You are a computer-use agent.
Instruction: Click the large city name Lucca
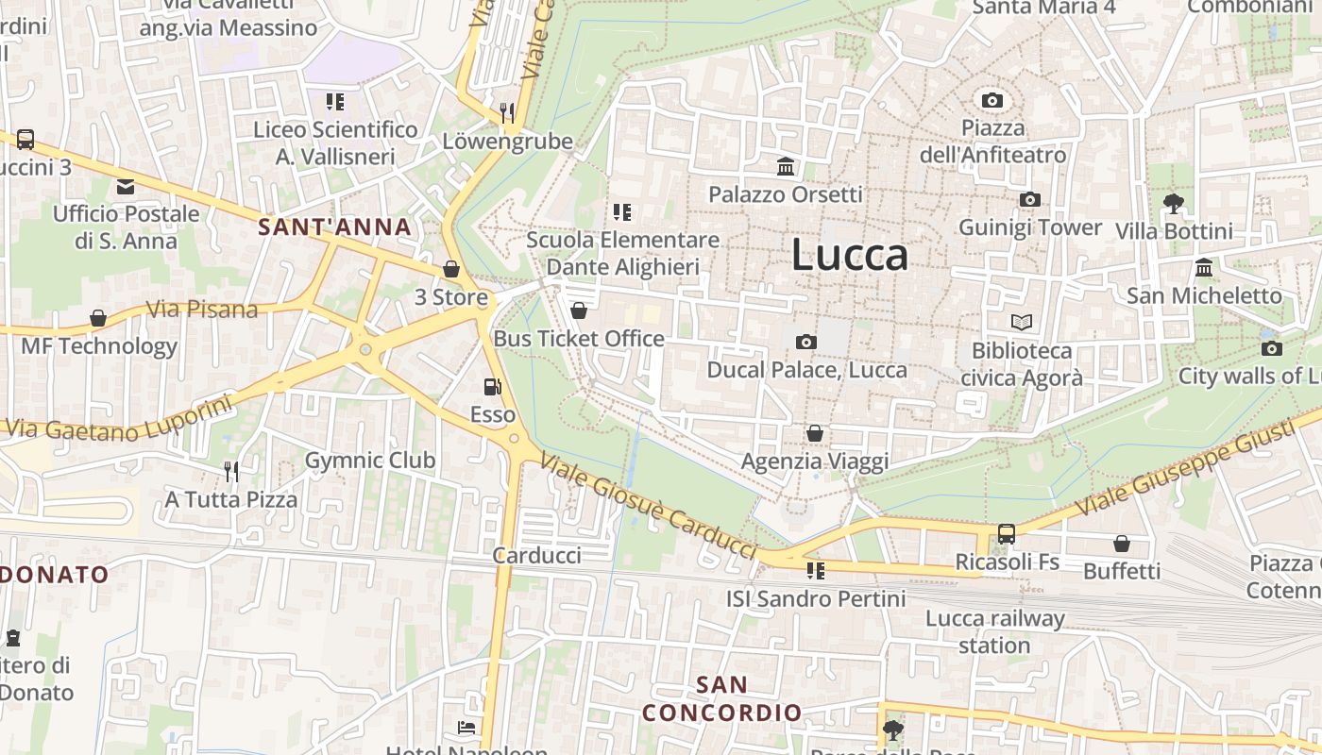click(x=849, y=255)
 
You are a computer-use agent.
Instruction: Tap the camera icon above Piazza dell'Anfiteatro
click(x=992, y=100)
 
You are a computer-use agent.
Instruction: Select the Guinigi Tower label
click(x=1030, y=227)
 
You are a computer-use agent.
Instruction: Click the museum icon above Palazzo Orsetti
click(x=786, y=167)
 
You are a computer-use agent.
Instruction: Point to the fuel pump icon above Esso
click(x=492, y=387)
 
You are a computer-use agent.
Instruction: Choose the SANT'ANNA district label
click(x=335, y=226)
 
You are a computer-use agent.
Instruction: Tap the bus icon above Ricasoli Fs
click(x=1007, y=534)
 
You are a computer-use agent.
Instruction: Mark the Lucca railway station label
click(x=994, y=632)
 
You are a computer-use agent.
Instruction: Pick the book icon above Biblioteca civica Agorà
click(x=1022, y=323)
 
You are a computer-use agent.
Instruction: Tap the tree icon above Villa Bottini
click(x=1174, y=203)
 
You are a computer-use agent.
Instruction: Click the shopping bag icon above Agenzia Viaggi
click(x=815, y=433)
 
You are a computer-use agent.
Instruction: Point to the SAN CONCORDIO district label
click(x=722, y=698)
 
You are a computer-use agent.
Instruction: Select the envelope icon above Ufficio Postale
click(x=126, y=187)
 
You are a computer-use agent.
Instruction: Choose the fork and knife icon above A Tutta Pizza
click(x=231, y=471)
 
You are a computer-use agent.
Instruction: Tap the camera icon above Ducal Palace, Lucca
click(x=806, y=342)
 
